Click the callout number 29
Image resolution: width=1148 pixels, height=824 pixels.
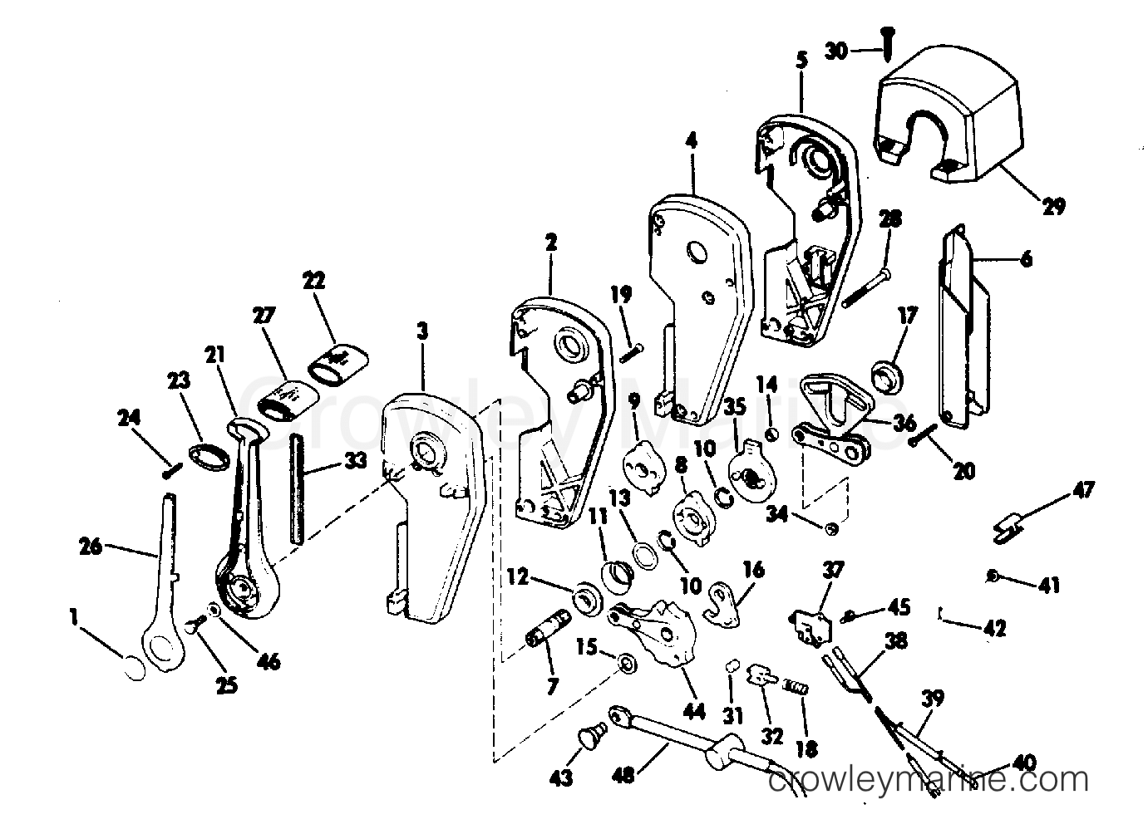1053,206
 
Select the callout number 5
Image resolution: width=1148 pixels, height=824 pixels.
802,61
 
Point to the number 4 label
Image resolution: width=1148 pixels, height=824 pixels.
692,141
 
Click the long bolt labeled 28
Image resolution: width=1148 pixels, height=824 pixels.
865,288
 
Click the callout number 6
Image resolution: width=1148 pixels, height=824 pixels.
1027,260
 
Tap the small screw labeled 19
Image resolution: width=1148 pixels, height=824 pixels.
632,353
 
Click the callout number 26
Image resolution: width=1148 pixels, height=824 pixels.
91,547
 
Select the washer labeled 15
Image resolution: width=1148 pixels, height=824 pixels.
627,663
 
